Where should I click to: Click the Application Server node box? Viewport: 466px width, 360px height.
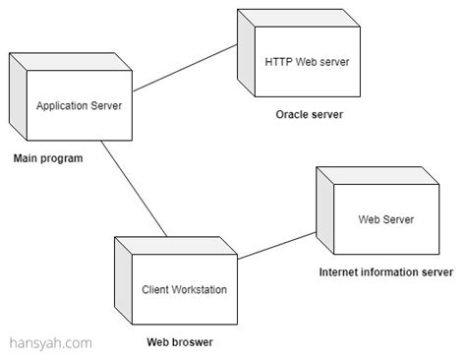click(x=79, y=106)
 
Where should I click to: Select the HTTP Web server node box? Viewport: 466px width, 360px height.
click(x=307, y=62)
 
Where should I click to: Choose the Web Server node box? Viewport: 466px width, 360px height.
click(x=384, y=219)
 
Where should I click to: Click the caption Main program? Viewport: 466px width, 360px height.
click(x=47, y=157)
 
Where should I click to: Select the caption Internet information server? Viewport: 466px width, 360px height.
click(x=386, y=271)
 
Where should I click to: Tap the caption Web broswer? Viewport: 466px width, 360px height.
click(x=180, y=342)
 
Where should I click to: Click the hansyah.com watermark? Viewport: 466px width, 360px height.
click(x=51, y=343)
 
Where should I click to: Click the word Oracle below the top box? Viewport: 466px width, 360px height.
click(x=292, y=114)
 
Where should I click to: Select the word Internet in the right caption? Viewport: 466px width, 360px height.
click(x=341, y=271)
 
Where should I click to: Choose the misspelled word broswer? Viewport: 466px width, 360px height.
click(x=194, y=342)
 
